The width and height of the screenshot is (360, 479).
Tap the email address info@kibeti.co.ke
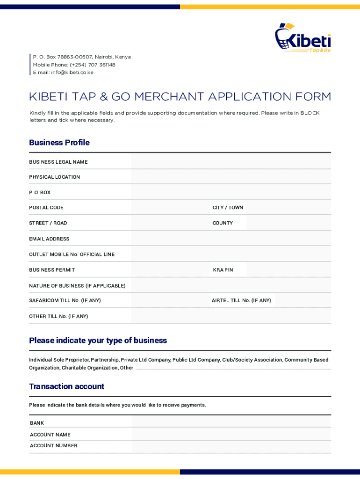tap(72, 73)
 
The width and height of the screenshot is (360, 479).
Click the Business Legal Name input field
tap(231, 162)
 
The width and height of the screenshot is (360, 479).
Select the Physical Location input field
tap(231, 177)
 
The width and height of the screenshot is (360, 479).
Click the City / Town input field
tap(288, 208)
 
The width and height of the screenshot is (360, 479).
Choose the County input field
tap(288, 223)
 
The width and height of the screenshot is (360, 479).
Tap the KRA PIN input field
tap(288, 270)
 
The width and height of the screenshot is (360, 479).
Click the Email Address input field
tap(231, 239)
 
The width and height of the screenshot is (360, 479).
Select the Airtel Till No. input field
tap(303, 301)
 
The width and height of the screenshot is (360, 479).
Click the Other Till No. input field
tap(231, 316)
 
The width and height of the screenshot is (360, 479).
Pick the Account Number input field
tap(231, 446)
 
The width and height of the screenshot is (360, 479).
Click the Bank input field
tap(231, 422)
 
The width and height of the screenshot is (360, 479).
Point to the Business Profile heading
tap(59, 143)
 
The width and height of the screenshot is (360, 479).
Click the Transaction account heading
tap(66, 386)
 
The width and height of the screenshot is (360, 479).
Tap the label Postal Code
tap(46, 208)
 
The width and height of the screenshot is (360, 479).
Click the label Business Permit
tap(52, 270)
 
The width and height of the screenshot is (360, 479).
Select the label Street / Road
tap(48, 223)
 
